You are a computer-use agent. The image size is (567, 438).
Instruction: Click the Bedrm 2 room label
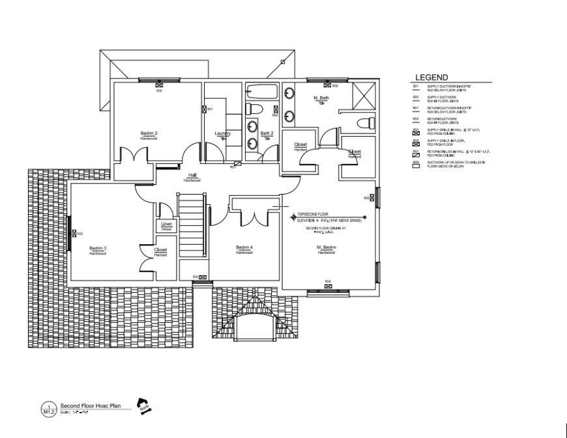point(149,133)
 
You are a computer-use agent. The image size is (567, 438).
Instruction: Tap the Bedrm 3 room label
point(98,248)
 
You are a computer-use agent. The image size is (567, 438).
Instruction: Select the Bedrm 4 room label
point(244,247)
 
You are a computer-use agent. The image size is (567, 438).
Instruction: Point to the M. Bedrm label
point(327,248)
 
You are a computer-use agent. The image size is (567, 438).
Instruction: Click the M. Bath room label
point(321,98)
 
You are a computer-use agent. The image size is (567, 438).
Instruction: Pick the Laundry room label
point(223,133)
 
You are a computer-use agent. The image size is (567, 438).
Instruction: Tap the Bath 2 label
point(267,133)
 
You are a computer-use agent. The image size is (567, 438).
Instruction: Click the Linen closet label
point(167,225)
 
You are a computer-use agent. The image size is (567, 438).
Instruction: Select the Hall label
point(193,175)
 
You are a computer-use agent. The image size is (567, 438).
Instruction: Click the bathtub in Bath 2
point(262,91)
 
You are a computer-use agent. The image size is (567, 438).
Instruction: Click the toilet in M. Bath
point(366,122)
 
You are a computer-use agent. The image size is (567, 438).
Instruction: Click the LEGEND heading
point(431,77)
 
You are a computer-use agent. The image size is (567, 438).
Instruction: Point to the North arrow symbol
point(143,405)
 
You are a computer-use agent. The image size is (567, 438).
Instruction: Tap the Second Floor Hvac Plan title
point(91,405)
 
